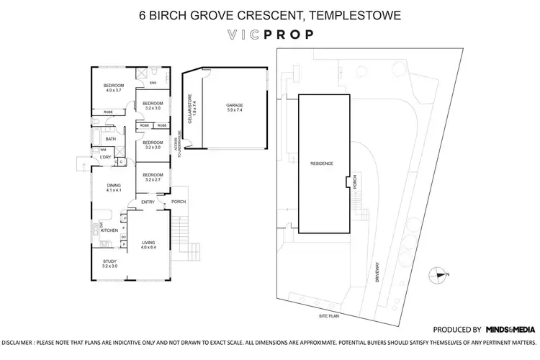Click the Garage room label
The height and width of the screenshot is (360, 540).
click(235, 107)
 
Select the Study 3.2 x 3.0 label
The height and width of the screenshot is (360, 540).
click(109, 264)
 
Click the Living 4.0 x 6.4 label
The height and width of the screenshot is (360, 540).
click(148, 245)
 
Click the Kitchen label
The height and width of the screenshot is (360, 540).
click(109, 230)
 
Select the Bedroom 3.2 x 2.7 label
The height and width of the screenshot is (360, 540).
click(152, 178)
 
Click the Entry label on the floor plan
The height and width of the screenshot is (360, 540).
click(148, 202)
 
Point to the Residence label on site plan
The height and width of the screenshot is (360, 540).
click(321, 163)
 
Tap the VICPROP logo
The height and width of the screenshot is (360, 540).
click(270, 35)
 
